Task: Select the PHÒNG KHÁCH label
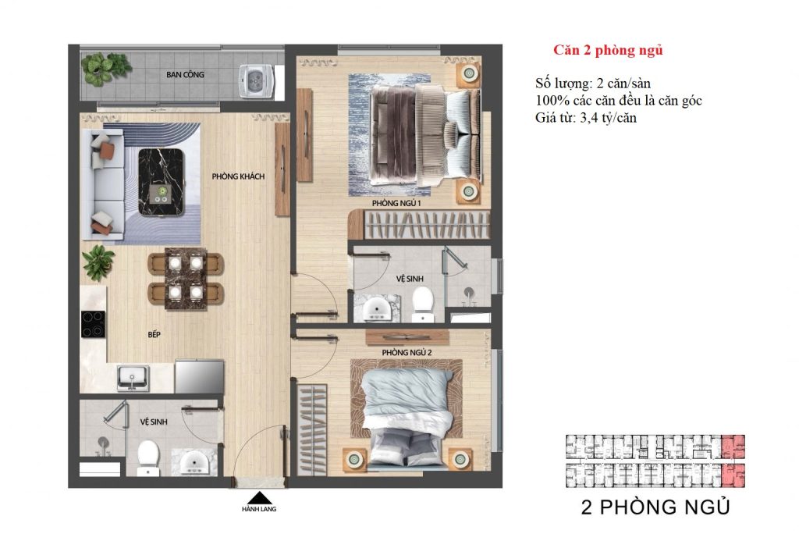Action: [238, 176]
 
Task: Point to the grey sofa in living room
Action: [106, 184]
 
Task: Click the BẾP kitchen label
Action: [154, 333]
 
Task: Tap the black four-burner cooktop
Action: [94, 324]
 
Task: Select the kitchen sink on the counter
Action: [133, 378]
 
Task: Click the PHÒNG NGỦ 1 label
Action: [396, 203]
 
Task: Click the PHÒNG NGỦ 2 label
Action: [407, 353]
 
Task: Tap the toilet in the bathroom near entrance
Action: [147, 457]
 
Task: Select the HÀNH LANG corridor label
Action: [258, 510]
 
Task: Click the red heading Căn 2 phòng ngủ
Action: [608, 51]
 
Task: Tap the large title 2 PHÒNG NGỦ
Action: [655, 507]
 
